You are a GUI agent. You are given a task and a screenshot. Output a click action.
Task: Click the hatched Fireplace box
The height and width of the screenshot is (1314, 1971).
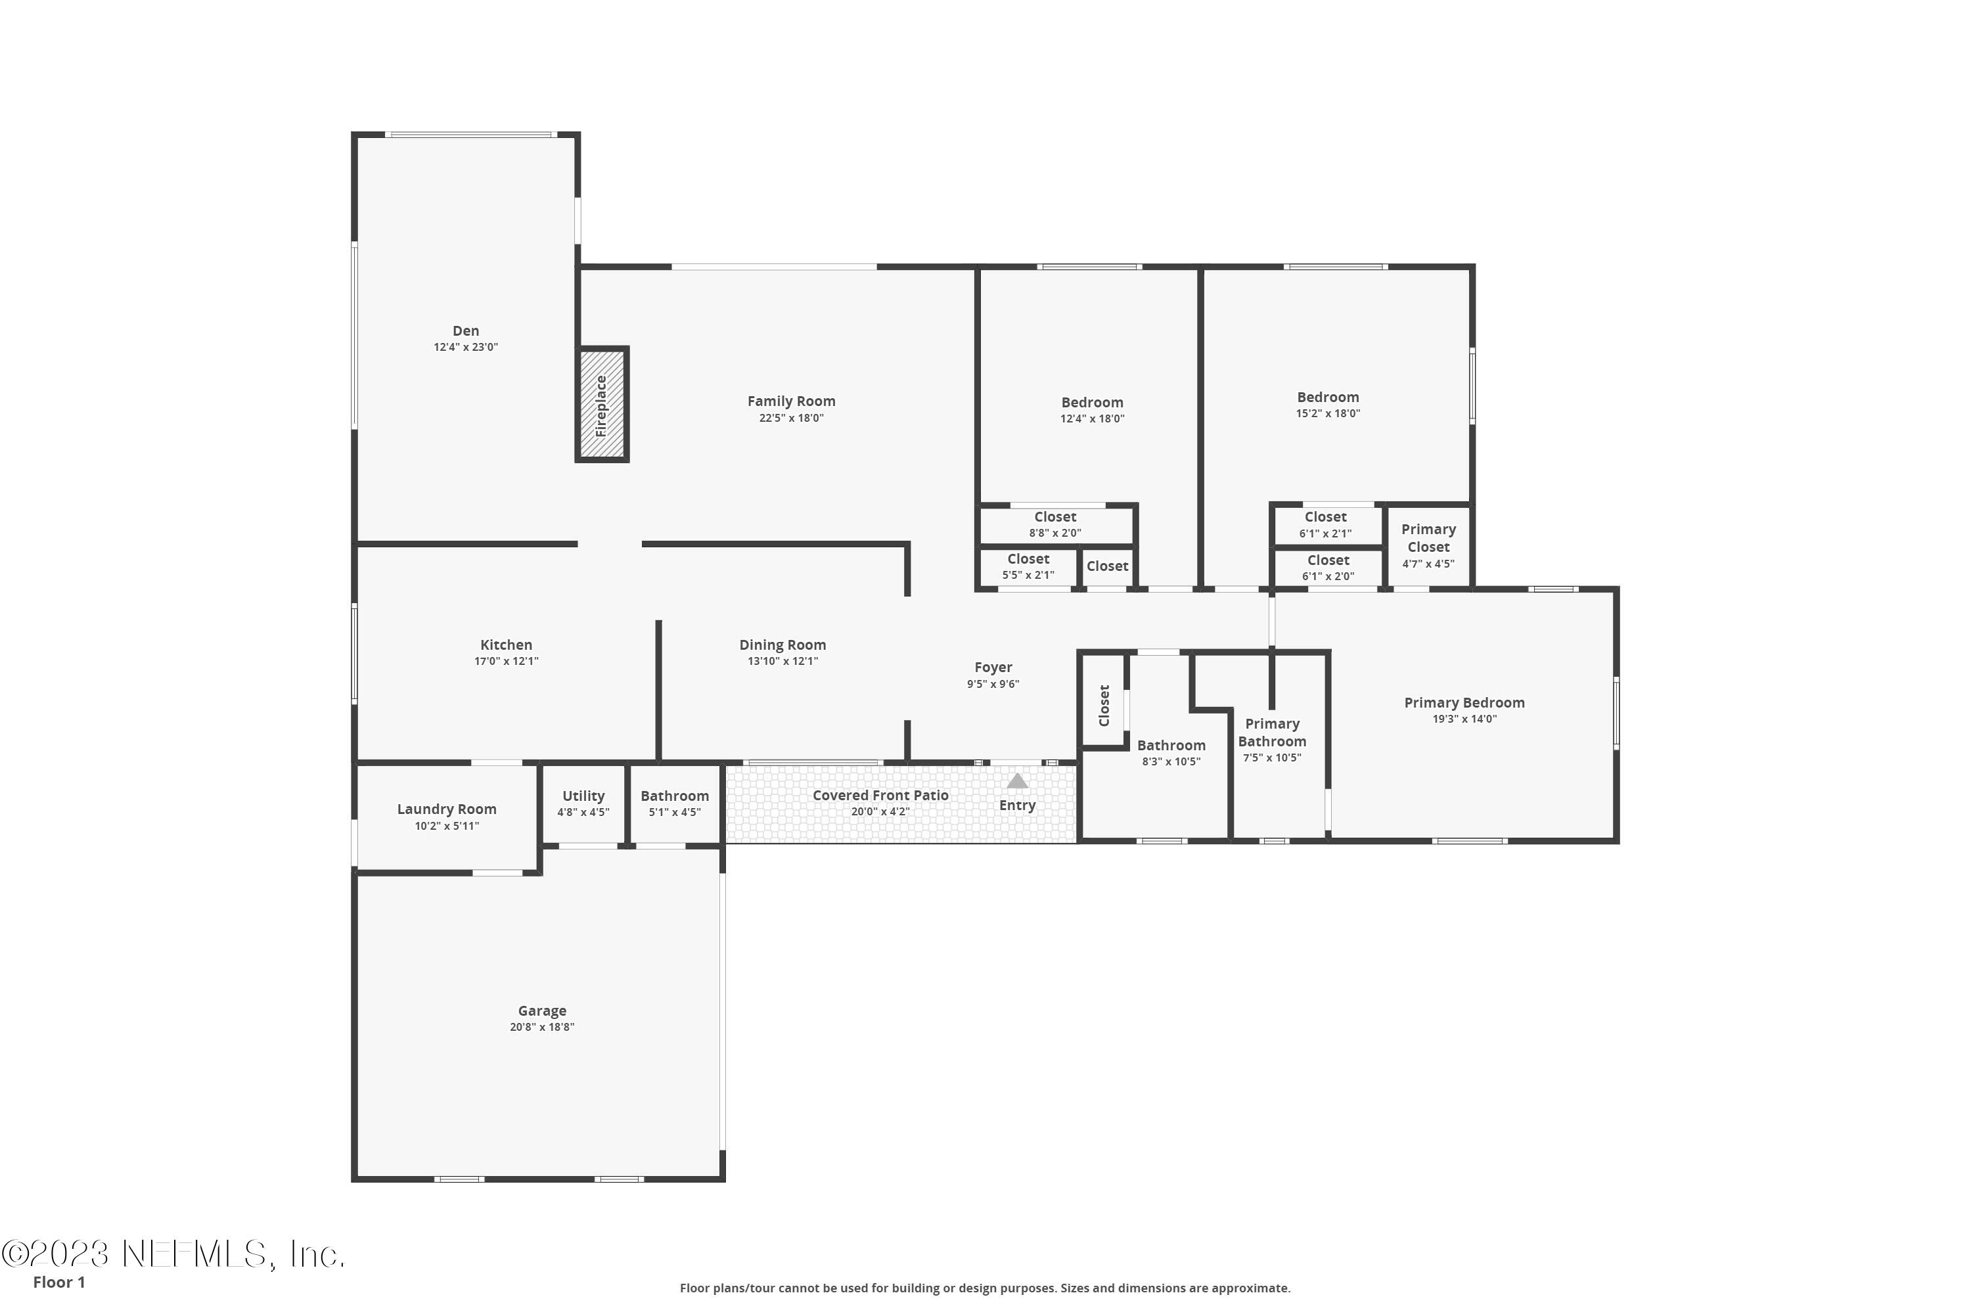pos(602,405)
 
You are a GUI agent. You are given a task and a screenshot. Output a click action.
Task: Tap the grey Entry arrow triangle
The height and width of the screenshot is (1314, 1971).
pos(1016,781)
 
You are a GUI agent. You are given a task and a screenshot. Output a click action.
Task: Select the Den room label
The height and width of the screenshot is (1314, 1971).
pos(466,331)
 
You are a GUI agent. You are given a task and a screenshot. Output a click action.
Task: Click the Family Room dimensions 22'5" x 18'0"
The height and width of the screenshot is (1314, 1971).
pos(791,418)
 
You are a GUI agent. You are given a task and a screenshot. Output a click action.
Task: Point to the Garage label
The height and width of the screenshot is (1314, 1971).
pos(541,1010)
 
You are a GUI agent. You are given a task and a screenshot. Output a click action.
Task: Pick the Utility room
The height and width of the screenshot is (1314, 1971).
pos(583,803)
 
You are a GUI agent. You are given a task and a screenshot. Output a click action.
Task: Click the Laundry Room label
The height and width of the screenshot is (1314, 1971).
pos(447,809)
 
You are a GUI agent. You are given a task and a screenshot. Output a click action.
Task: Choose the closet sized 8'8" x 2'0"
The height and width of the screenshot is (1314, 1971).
pos(1055,524)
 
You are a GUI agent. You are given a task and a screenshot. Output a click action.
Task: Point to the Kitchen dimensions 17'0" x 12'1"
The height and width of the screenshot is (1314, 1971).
pos(506,661)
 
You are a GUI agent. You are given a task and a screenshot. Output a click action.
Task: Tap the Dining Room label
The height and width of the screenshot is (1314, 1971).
pos(782,645)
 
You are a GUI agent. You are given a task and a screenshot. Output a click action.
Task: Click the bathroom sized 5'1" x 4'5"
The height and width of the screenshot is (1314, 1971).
pos(675,803)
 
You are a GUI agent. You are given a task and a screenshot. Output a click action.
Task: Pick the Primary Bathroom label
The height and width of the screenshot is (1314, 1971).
pos(1271,733)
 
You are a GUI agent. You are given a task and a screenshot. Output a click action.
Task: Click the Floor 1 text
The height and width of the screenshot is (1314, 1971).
pos(58,1282)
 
